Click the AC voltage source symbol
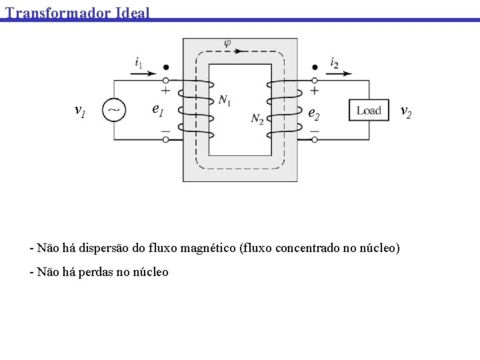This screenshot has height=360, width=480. point(113,110)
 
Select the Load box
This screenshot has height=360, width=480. point(369,111)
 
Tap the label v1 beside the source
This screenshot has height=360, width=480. point(79,110)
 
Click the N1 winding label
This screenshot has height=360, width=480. point(225,100)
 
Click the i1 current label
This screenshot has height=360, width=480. point(138,63)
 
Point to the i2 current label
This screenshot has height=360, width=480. point(334,63)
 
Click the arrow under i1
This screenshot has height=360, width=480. point(143,73)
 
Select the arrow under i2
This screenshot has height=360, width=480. point(339,73)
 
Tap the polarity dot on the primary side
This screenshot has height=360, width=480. point(165,67)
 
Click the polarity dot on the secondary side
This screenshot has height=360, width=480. point(315,67)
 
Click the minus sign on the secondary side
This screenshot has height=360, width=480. point(315,131)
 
